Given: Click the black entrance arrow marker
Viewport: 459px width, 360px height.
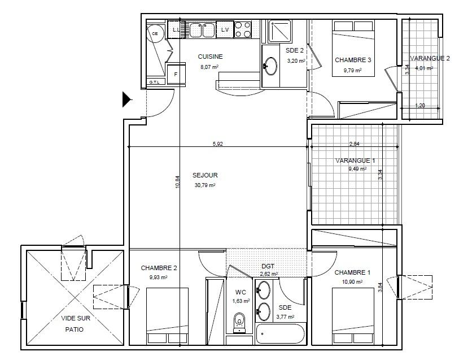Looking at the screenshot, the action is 126,99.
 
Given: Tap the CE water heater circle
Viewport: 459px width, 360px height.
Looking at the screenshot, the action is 155,34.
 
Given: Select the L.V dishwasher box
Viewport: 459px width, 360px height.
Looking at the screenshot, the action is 225,29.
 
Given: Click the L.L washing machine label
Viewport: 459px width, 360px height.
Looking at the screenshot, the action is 176,29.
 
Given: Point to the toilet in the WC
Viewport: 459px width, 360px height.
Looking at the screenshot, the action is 239,323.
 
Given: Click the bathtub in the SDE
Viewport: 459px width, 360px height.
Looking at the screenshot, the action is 281,333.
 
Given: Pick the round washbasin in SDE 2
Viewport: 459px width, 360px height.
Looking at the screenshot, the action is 271,66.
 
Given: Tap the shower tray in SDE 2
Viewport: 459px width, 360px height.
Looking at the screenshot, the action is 280,31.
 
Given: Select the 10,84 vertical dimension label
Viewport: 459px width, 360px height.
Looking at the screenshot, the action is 177,181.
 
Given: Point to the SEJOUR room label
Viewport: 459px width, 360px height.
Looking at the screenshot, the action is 205,175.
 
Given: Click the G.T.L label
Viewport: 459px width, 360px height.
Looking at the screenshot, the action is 154,83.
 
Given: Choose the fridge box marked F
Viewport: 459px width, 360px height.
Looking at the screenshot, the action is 176,74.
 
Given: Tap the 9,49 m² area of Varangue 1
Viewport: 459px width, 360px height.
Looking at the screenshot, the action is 358,169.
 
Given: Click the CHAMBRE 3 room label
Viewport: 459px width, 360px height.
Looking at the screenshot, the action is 353,60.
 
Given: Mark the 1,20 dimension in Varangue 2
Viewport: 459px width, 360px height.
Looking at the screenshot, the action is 420,105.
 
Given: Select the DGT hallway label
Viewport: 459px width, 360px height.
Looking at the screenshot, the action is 268,266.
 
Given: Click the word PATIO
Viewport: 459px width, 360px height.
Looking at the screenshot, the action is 75,329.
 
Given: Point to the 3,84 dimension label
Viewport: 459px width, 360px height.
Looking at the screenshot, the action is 380,287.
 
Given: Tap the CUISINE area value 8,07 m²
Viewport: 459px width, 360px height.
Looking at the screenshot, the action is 209,67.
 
